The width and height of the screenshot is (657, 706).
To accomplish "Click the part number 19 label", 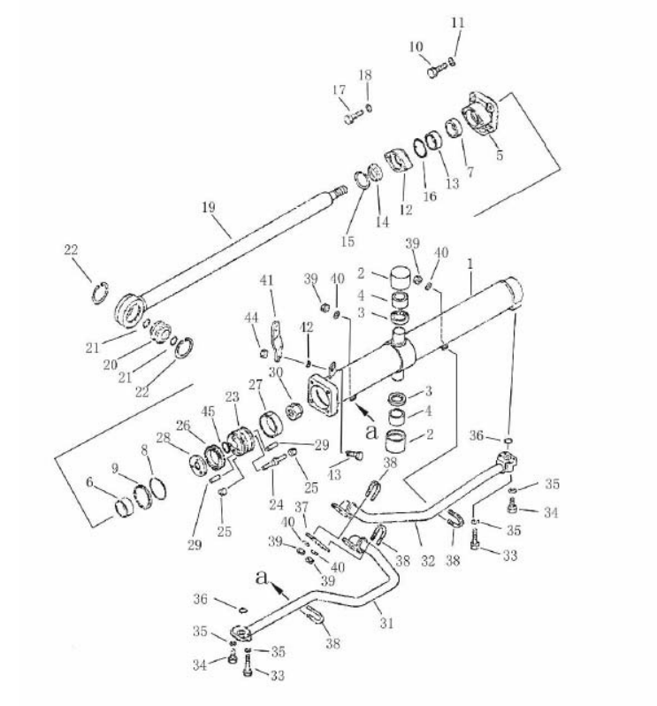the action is tap(209, 208).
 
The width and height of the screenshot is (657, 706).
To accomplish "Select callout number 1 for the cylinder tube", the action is tap(470, 264).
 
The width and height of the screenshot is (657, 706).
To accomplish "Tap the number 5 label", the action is tap(500, 156).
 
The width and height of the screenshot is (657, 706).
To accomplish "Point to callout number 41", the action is tap(266, 280).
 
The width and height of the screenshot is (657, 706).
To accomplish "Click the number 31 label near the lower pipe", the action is tap(386, 623).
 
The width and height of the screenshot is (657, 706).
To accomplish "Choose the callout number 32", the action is tap(428, 561).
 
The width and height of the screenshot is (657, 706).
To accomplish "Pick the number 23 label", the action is tap(233, 397).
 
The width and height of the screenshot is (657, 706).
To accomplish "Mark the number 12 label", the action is tap(406, 210).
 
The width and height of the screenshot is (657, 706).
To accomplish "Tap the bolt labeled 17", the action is tap(354, 117).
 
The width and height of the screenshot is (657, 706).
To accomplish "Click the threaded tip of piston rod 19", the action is tap(340, 192).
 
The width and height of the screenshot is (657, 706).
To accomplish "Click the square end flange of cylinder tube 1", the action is tap(323, 395).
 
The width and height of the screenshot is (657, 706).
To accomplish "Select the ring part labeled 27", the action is tap(271, 424).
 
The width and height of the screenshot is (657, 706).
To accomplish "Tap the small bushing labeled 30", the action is tap(294, 411).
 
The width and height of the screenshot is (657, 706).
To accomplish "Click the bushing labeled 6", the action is tap(123, 508).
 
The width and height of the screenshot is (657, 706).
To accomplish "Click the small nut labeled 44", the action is tap(264, 353).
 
